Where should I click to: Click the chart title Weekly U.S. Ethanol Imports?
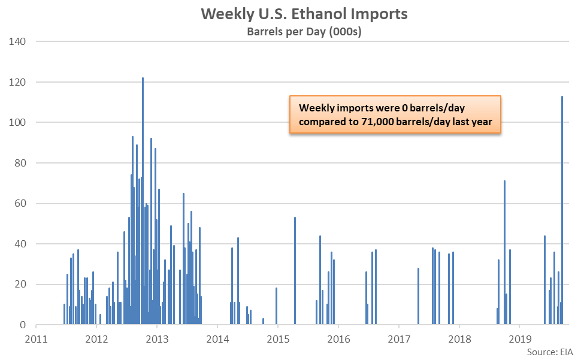coord(304,14)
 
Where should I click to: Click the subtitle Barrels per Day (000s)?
coord(304,32)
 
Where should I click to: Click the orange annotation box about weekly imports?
coord(395,115)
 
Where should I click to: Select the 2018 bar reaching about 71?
coord(504,252)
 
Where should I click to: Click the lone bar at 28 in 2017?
coord(418,296)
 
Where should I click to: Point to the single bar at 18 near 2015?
coord(276,306)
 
